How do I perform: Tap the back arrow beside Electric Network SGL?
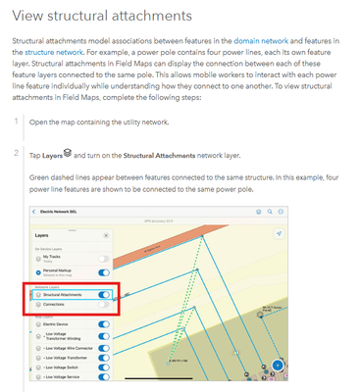tap(35, 212)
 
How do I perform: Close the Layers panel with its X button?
tap(105, 236)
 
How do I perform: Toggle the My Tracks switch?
tap(104, 257)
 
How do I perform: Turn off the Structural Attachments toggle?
tap(104, 293)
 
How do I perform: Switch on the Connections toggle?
tap(104, 305)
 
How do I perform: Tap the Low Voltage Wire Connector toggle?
tap(104, 347)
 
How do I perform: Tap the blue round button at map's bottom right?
tap(278, 366)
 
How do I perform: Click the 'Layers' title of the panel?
tap(44, 236)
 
